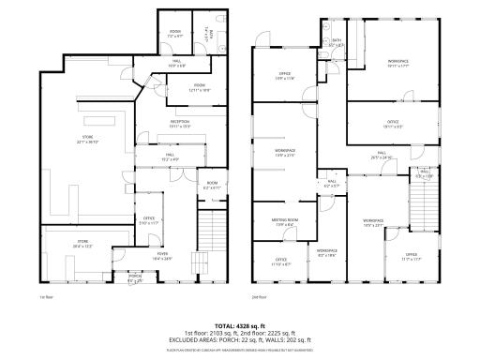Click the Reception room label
180,122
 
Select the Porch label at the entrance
135,277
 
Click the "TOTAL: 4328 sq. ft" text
240,325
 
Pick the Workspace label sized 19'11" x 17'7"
398,64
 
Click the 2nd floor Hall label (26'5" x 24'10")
382,156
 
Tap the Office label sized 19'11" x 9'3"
392,123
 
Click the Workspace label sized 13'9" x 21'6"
285,153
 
